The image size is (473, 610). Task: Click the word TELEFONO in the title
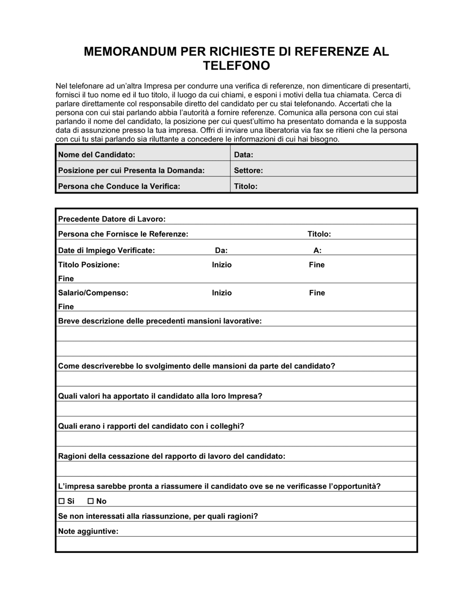click(x=236, y=66)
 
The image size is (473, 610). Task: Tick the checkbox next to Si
click(x=61, y=501)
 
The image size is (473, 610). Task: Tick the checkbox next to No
click(x=91, y=501)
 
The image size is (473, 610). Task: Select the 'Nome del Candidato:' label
click(x=96, y=155)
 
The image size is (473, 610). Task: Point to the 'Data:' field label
click(x=244, y=155)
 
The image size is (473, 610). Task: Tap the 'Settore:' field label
click(x=248, y=170)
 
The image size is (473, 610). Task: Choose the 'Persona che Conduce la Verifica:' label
click(x=119, y=186)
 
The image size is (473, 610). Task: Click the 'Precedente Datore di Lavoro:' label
click(x=112, y=219)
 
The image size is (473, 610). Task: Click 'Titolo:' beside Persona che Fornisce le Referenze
click(x=319, y=234)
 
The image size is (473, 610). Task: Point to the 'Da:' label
click(x=221, y=251)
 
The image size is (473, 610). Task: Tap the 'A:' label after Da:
click(x=317, y=251)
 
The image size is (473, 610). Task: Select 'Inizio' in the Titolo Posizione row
click(x=221, y=265)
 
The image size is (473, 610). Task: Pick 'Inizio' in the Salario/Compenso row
click(x=221, y=293)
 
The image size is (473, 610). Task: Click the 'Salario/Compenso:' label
click(x=93, y=293)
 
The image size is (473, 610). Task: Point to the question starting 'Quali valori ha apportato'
click(x=160, y=396)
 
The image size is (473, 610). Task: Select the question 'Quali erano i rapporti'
click(x=151, y=426)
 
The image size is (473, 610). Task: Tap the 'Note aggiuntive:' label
click(x=88, y=532)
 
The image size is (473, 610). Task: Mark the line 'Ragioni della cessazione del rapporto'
click(x=171, y=456)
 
